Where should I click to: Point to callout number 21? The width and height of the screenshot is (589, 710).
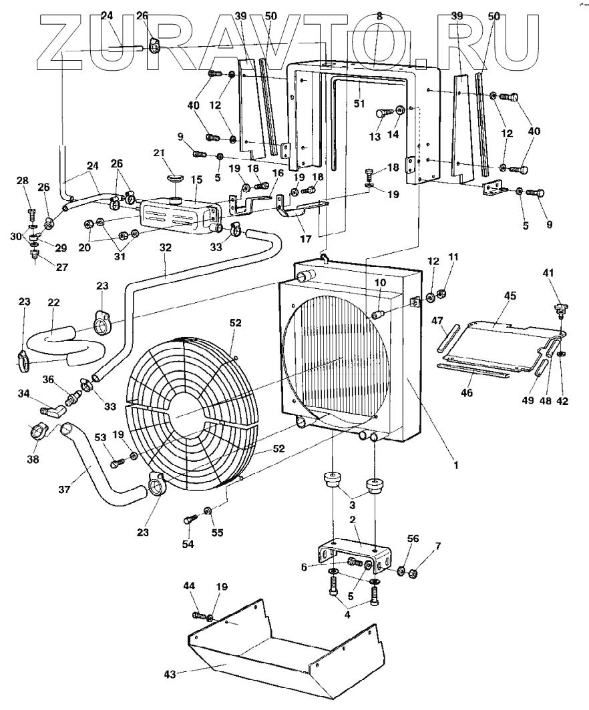(x=158, y=153)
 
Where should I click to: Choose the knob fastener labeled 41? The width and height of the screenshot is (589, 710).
(x=559, y=310)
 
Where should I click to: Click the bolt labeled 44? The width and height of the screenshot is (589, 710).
(x=198, y=615)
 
